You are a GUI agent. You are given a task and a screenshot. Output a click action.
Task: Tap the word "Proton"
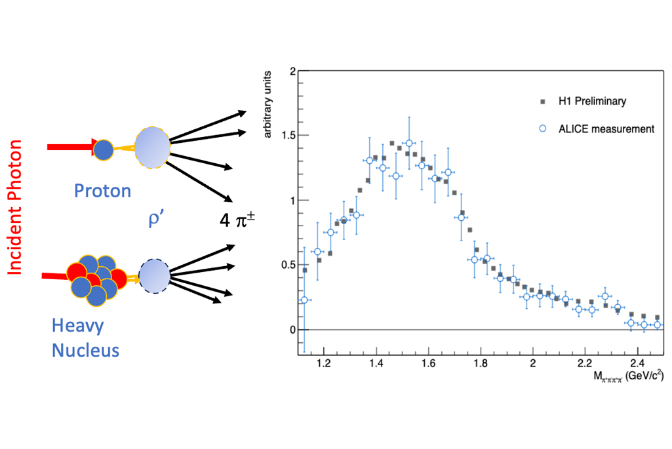coord(102,191)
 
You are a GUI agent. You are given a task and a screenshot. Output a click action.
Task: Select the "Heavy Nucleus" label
coord(85,338)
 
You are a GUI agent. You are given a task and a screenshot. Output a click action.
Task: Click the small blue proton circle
coord(104,149)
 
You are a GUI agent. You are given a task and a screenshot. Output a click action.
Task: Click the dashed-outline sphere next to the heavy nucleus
coord(155,274)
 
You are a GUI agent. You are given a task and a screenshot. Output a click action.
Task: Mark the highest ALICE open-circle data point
coord(409,143)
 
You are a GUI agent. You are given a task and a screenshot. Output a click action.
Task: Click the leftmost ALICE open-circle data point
coord(304,300)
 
